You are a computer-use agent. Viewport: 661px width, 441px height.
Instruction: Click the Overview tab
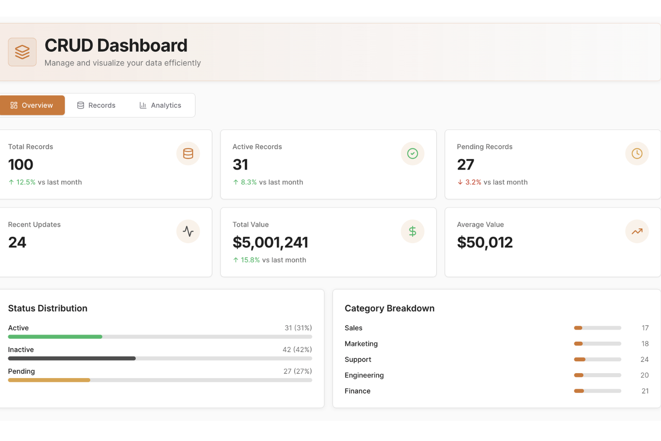[32, 105]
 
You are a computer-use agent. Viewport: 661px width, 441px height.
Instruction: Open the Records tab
[96, 105]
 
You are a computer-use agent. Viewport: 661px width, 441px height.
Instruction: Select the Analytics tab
[160, 105]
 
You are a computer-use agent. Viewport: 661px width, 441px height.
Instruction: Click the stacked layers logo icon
[22, 52]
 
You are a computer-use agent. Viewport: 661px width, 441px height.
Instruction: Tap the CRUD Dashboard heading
[116, 46]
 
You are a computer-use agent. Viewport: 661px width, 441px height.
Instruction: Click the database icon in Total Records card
[188, 154]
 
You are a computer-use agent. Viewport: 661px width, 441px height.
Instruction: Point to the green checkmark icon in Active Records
[412, 154]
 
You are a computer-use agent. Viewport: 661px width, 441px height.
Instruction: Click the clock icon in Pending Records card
[636, 154]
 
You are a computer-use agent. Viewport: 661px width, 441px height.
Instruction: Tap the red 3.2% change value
[473, 182]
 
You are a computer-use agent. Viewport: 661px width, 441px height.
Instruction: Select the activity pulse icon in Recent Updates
[188, 231]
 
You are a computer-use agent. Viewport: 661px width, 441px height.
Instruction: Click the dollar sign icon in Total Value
[412, 231]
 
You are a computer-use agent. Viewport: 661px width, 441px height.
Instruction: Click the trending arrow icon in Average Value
[636, 231]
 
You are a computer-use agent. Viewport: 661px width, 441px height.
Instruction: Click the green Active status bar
[55, 337]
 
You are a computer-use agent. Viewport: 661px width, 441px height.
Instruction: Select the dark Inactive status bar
[71, 358]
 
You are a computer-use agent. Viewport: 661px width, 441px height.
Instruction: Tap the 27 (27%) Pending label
[297, 371]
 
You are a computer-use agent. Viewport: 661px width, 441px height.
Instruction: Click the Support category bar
[597, 360]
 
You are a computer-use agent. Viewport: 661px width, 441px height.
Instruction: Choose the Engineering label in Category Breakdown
[364, 375]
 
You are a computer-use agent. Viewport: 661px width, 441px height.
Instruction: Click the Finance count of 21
[644, 391]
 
